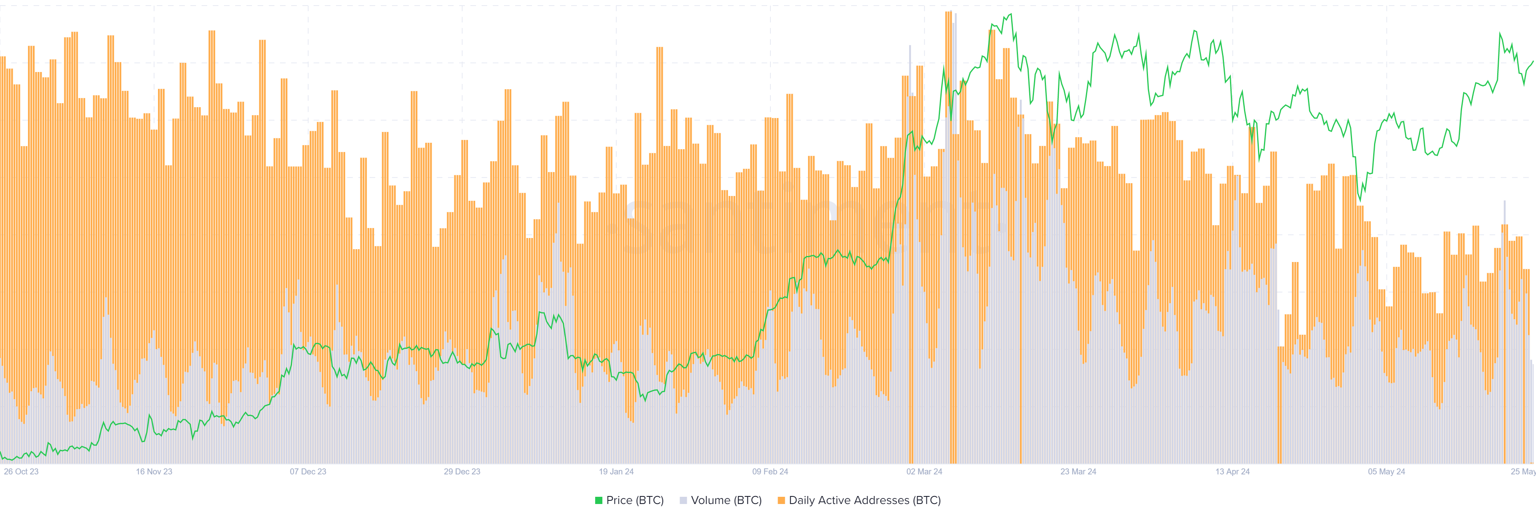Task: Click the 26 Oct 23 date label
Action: (21, 472)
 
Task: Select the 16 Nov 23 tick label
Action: (154, 472)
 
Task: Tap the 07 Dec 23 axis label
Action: (308, 472)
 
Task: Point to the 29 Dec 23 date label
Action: (462, 472)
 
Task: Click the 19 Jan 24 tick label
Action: (616, 472)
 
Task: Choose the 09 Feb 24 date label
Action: (770, 472)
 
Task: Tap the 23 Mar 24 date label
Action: (1078, 472)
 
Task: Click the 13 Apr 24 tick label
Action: (1232, 472)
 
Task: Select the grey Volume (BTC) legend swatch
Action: (683, 500)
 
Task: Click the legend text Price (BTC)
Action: (634, 500)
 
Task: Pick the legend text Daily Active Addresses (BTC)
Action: (864, 500)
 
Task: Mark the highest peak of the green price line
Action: (1010, 14)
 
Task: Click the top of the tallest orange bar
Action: (948, 12)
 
